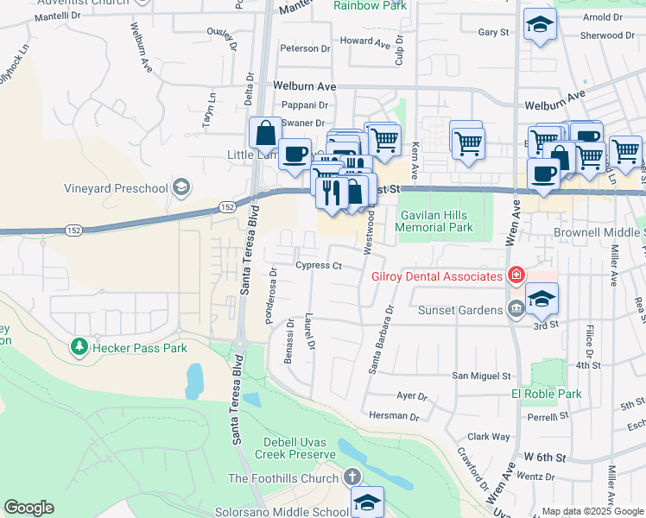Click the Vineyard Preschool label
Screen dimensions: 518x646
click(116, 188)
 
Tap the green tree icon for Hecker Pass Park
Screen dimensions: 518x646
click(79, 347)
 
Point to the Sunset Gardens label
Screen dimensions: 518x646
click(459, 310)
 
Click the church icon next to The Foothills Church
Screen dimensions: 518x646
click(351, 477)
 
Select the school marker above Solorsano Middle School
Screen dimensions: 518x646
click(367, 502)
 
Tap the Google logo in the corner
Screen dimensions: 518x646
click(28, 508)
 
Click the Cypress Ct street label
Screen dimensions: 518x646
click(319, 266)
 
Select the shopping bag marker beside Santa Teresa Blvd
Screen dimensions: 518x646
click(265, 134)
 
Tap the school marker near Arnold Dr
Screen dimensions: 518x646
click(540, 24)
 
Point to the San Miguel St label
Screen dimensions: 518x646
click(483, 376)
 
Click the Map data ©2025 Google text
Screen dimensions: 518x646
click(592, 511)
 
